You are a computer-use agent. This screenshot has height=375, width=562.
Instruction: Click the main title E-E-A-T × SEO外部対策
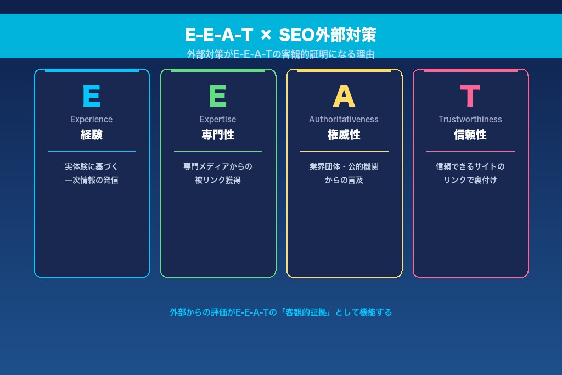pyautogui.click(x=280, y=35)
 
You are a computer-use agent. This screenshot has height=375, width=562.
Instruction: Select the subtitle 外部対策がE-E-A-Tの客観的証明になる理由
pyautogui.click(x=280, y=54)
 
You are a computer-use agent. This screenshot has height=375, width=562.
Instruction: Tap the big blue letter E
pyautogui.click(x=91, y=97)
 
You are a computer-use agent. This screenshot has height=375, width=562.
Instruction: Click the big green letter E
pyautogui.click(x=217, y=97)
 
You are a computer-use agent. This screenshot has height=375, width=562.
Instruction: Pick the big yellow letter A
pyautogui.click(x=344, y=97)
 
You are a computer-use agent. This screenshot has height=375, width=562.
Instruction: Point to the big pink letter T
pyautogui.click(x=470, y=97)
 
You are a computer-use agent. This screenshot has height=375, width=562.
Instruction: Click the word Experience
pyautogui.click(x=91, y=119)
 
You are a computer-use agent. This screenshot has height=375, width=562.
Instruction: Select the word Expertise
pyautogui.click(x=218, y=119)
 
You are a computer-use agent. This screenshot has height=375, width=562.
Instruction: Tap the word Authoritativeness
pyautogui.click(x=344, y=119)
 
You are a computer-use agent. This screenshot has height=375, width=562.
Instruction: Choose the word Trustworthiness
pyautogui.click(x=470, y=119)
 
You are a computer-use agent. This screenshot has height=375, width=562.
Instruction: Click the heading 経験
pyautogui.click(x=92, y=135)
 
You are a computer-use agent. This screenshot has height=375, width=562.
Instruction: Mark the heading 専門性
pyautogui.click(x=218, y=135)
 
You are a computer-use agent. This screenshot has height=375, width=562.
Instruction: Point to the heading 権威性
pyautogui.click(x=344, y=135)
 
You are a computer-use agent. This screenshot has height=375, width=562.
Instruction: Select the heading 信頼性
pyautogui.click(x=470, y=135)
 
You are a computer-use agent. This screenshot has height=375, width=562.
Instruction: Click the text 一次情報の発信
pyautogui.click(x=92, y=180)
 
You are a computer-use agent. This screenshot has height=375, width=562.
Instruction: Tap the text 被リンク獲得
pyautogui.click(x=218, y=180)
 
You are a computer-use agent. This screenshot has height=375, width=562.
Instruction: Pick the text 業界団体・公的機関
pyautogui.click(x=344, y=166)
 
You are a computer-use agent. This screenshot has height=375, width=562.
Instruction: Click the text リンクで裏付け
pyautogui.click(x=470, y=180)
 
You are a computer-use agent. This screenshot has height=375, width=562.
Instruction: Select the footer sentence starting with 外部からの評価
pyautogui.click(x=280, y=312)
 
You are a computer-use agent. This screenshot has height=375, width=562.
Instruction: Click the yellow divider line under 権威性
pyautogui.click(x=344, y=151)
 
